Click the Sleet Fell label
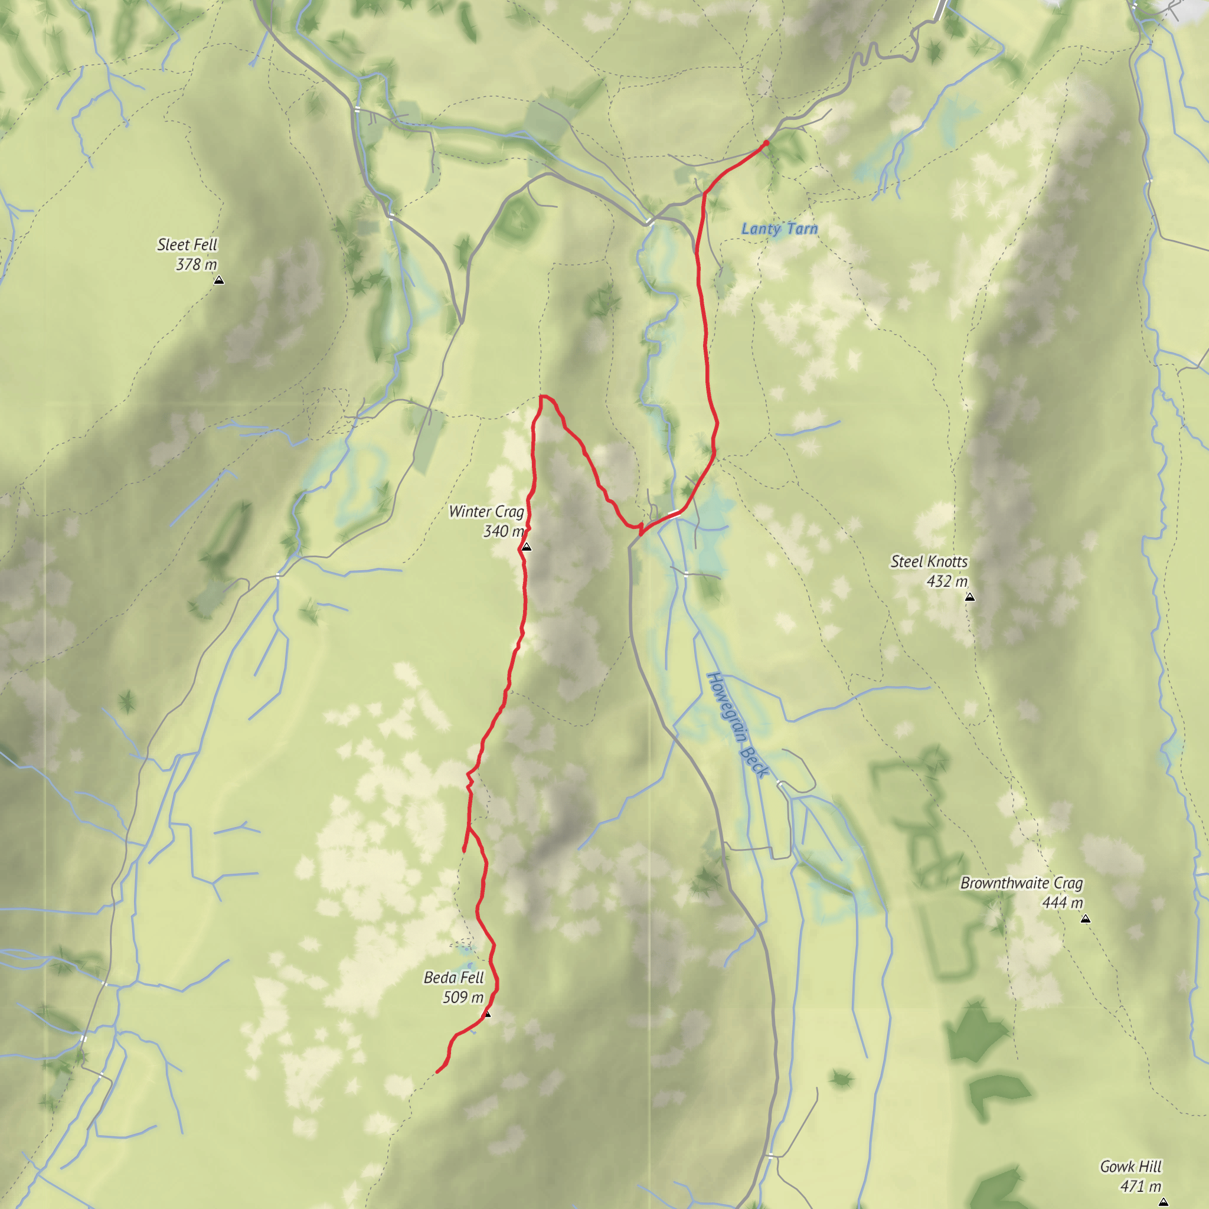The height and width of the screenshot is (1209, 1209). pos(187,244)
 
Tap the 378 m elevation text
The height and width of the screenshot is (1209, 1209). pos(196,264)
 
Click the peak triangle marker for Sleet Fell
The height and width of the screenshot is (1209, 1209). pos(219,281)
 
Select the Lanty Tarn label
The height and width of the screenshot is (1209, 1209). pos(779,229)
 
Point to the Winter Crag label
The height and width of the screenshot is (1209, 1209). pos(486,512)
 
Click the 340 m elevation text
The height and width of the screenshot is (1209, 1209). pos(503,532)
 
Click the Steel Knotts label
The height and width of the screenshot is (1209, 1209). pos(929,562)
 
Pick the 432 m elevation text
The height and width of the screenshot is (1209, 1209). pos(947,582)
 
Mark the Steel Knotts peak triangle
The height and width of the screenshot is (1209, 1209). pos(970,597)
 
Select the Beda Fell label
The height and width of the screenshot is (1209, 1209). pos(454,978)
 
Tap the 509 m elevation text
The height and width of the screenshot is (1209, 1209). pos(463,998)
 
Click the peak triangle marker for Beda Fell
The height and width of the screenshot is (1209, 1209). pos(488,1014)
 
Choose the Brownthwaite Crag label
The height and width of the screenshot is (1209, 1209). pos(1021,884)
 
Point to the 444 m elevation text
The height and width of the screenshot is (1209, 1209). pos(1062,903)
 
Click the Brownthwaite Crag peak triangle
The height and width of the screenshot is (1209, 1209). pos(1086,919)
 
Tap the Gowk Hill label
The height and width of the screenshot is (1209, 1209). pos(1130,1167)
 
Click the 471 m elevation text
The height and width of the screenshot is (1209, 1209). pos(1140,1187)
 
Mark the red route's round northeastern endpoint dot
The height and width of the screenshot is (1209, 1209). pos(765,143)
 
